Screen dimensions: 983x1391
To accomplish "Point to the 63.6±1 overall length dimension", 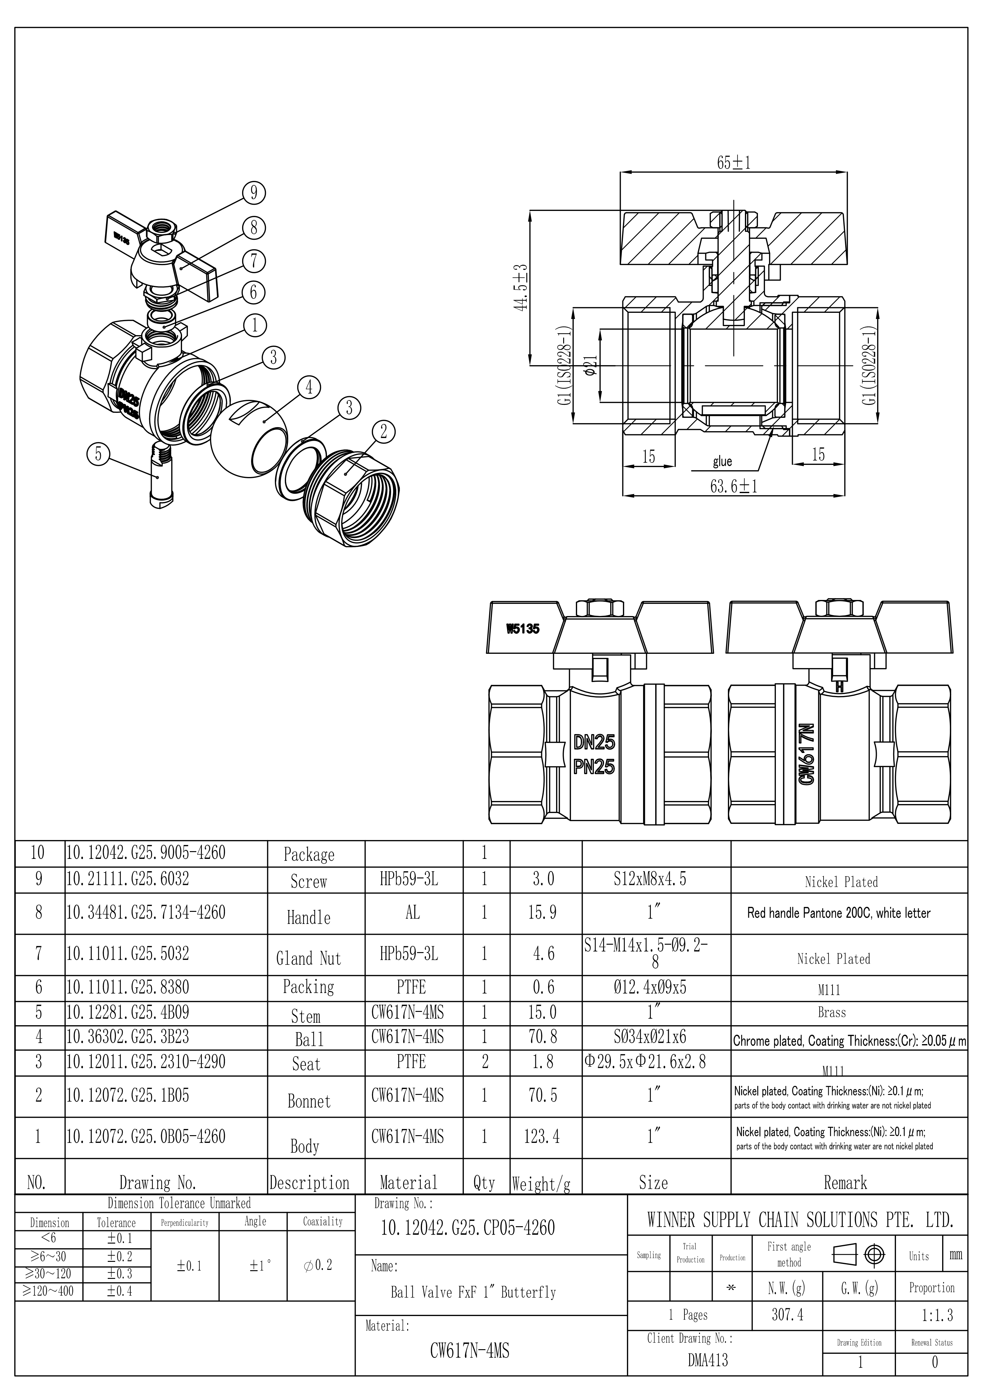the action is click(x=733, y=487).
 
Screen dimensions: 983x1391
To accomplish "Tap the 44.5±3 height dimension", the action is click(x=520, y=287).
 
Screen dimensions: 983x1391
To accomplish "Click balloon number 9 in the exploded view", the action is click(x=254, y=193).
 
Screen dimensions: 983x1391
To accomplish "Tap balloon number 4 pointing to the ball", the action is click(x=309, y=387).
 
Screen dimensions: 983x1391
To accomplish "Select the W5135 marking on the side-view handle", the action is click(x=523, y=629).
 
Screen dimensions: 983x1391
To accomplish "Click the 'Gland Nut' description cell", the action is click(x=309, y=958).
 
